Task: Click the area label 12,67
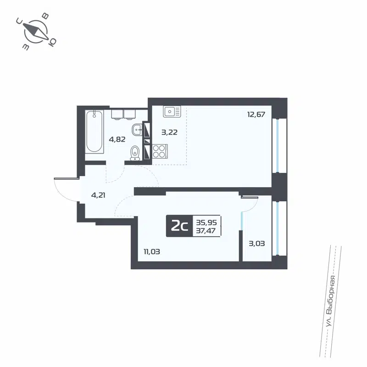click(256, 115)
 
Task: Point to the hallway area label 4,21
click(99, 195)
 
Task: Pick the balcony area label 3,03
click(256, 243)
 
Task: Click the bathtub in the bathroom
click(94, 131)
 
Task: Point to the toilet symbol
click(135, 152)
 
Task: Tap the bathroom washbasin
click(137, 130)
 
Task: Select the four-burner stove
click(160, 151)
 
